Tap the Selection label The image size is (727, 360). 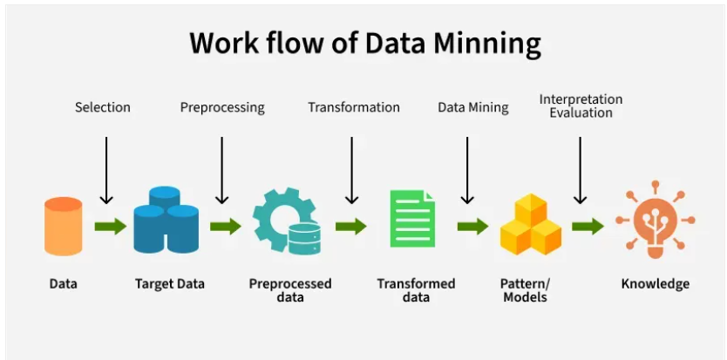click(x=103, y=107)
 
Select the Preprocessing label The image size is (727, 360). click(x=222, y=107)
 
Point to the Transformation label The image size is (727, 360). click(x=354, y=107)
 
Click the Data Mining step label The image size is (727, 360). click(x=472, y=107)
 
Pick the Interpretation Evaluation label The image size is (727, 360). click(x=581, y=105)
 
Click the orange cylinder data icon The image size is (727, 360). click(x=63, y=226)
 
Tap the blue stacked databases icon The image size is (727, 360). click(x=166, y=219)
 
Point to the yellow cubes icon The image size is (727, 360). click(x=530, y=224)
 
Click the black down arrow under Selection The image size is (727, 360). click(x=105, y=170)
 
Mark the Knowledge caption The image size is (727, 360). click(x=655, y=283)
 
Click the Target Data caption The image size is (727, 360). click(x=169, y=283)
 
